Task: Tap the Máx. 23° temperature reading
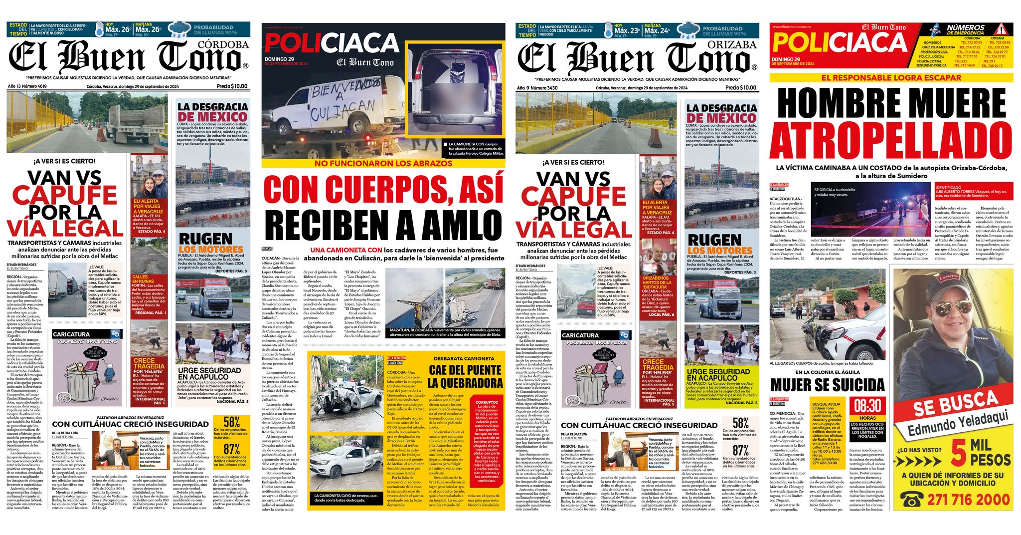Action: pos(627,30)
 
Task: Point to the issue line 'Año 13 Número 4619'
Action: pos(27,86)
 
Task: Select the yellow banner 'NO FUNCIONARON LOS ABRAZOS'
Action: pos(383,163)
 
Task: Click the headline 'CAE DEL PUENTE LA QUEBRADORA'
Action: pos(465,376)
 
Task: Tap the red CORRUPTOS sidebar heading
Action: pos(486,402)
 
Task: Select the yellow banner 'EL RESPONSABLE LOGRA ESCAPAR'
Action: pos(891,78)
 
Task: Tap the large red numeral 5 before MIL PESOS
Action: pos(958,452)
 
